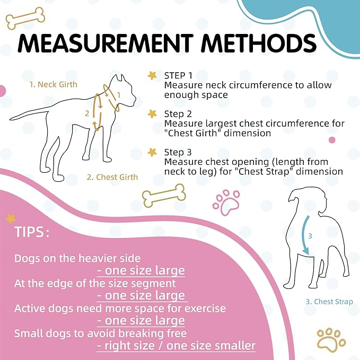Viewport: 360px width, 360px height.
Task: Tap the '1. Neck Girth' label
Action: click(x=52, y=84)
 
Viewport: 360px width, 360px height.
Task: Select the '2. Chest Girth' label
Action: click(x=112, y=177)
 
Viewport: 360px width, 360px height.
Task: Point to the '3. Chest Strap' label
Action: click(x=329, y=302)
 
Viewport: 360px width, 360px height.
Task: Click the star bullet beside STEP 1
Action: click(x=153, y=75)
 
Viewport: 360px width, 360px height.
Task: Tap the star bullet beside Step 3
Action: click(x=153, y=152)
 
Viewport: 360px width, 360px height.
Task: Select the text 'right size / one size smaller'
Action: click(x=176, y=346)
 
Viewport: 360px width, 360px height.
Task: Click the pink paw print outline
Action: click(x=226, y=201)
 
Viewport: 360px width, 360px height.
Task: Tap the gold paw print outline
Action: click(x=331, y=340)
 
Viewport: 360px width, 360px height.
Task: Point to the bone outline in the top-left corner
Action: click(x=25, y=18)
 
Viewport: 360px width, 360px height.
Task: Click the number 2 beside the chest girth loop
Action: click(x=87, y=113)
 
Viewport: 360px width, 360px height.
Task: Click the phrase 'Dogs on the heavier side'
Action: click(x=77, y=259)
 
